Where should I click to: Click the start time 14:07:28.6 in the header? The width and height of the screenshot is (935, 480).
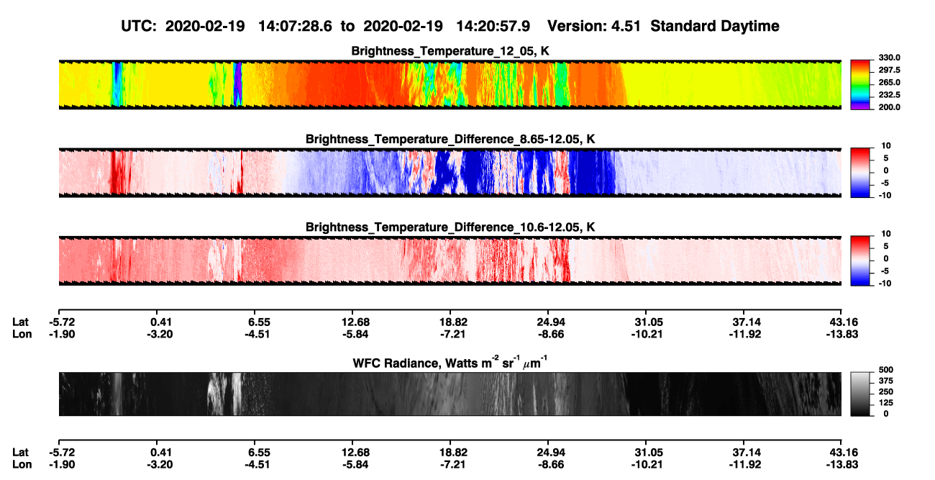(x=295, y=27)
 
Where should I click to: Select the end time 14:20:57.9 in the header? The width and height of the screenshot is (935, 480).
(x=493, y=27)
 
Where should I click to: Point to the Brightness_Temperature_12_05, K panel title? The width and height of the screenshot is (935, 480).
(x=450, y=51)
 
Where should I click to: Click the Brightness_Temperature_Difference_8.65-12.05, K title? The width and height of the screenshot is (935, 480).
(x=450, y=139)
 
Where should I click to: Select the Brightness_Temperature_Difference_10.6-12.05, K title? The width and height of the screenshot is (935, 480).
(x=450, y=227)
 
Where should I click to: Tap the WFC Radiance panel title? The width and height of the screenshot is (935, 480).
(x=450, y=363)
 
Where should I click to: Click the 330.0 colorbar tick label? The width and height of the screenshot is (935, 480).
(x=889, y=58)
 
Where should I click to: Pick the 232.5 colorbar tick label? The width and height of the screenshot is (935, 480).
(x=889, y=95)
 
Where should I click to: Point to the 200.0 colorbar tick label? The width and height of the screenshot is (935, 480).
(x=889, y=107)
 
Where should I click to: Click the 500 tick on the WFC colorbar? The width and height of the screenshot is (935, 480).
(x=886, y=370)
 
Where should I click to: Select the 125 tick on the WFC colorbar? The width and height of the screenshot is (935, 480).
(x=886, y=403)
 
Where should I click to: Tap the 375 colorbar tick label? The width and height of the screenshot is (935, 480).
(x=886, y=381)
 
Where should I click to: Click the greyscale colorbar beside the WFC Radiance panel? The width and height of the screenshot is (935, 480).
(x=860, y=394)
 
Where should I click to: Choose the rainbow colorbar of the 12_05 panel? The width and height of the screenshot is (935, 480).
(x=860, y=85)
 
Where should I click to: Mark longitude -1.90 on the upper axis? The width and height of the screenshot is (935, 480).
(x=62, y=335)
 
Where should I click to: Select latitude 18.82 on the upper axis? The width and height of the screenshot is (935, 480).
(x=453, y=322)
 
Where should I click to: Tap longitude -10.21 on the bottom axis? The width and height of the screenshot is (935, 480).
(x=647, y=465)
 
